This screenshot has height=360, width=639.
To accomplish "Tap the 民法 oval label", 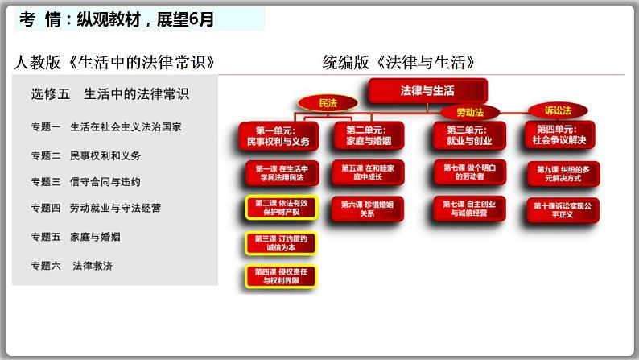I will (328, 103).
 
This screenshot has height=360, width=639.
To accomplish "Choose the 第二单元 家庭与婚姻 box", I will (367, 135).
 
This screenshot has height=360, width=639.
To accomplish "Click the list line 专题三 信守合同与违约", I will (85, 181).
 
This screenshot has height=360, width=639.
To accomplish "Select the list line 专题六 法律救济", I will (72, 265).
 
